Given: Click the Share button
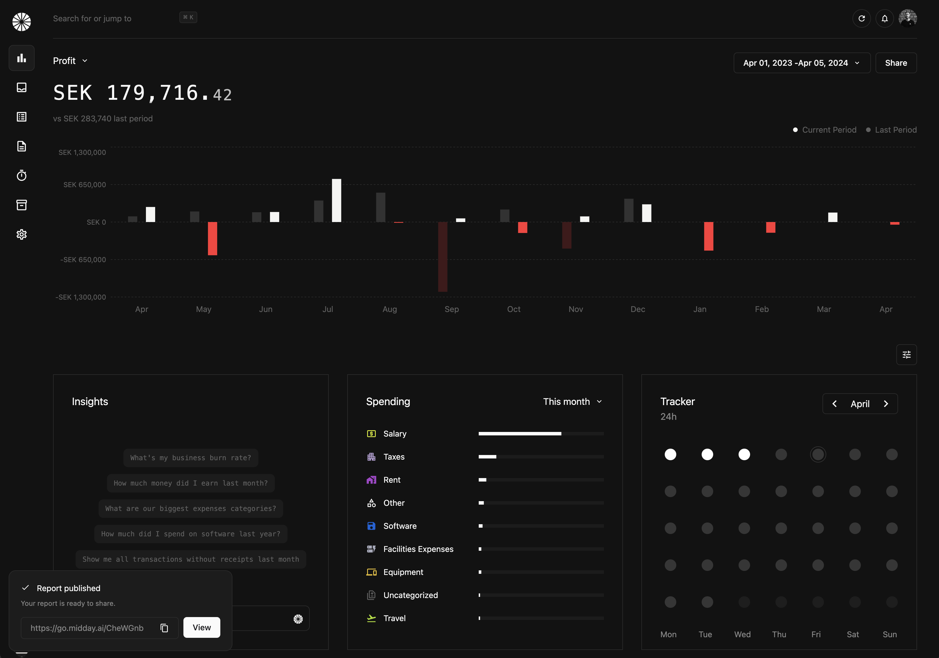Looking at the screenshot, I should (896, 63).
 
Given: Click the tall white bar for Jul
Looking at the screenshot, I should (336, 200).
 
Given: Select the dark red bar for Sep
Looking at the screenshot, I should (442, 257).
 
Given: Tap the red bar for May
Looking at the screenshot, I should (212, 238).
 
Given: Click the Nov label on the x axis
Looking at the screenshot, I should (575, 309).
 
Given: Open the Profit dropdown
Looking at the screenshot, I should (70, 61).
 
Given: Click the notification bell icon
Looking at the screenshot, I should (884, 18).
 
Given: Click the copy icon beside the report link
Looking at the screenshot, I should (164, 628).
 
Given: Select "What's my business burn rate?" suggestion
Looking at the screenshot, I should (191, 458).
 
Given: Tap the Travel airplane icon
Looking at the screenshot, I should (371, 618).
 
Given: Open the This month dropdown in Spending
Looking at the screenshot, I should (572, 402).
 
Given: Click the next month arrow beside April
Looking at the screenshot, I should (886, 404).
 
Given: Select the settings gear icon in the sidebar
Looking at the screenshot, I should (21, 234).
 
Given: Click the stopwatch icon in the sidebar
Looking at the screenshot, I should (21, 175).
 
